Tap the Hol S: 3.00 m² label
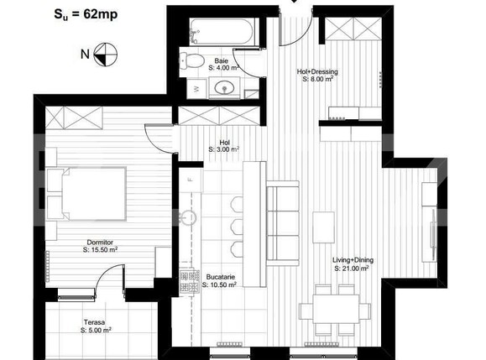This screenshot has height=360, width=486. click(x=224, y=146)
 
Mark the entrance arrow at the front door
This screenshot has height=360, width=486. click(x=294, y=3)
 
